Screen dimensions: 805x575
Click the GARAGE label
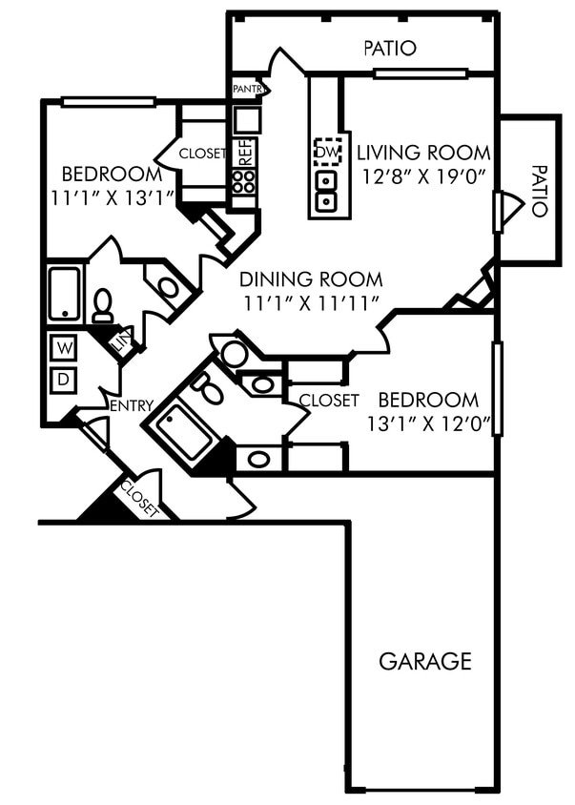point(424,661)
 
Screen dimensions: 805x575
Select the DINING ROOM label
point(311,279)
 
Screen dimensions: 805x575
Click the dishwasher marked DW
point(328,152)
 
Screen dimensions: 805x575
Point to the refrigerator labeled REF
point(244,153)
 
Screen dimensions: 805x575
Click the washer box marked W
point(63,346)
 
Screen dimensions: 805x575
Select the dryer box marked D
point(63,380)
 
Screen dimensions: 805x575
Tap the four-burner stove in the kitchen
point(244,181)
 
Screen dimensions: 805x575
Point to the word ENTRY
point(132,405)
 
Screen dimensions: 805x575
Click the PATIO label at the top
point(390,48)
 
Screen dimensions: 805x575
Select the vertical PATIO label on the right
point(539,191)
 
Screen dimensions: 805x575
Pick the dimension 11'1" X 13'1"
point(112,198)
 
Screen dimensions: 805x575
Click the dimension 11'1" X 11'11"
point(311,303)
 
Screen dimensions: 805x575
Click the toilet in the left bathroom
point(102,306)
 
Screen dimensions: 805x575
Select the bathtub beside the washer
point(65,293)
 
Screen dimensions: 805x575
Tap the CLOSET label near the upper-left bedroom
point(202,153)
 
